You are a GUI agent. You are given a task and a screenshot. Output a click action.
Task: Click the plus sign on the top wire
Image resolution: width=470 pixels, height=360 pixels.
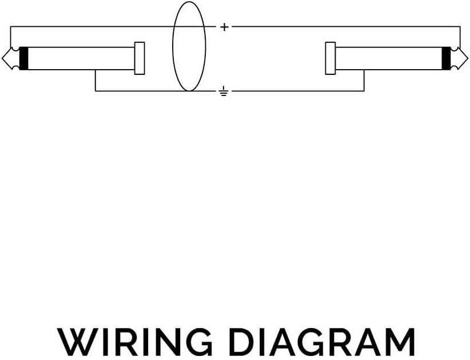pyautogui.click(x=224, y=27)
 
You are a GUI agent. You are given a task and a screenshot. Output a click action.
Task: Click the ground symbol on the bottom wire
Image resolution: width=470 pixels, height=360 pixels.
pyautogui.click(x=223, y=91)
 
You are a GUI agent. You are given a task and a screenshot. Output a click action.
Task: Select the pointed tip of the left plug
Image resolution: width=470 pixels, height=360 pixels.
pyautogui.click(x=2, y=58)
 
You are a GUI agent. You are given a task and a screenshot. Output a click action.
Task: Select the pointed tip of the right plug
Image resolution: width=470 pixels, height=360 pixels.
pyautogui.click(x=467, y=58)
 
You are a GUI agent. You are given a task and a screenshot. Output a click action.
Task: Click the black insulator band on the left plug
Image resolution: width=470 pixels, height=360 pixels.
pyautogui.click(x=23, y=58)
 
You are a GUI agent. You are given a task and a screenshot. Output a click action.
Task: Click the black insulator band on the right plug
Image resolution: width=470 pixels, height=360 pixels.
pyautogui.click(x=446, y=58)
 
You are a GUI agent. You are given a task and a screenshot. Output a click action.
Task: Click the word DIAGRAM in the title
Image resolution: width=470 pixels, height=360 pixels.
pyautogui.click(x=324, y=342)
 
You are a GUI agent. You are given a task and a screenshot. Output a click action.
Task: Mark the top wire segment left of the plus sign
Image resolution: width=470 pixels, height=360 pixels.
pyautogui.click(x=113, y=27)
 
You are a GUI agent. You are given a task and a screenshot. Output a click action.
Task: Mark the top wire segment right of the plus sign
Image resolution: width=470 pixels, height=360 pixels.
pyautogui.click(x=346, y=27)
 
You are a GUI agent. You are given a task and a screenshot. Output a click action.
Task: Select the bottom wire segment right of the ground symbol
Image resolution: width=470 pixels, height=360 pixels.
pyautogui.click(x=298, y=91)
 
